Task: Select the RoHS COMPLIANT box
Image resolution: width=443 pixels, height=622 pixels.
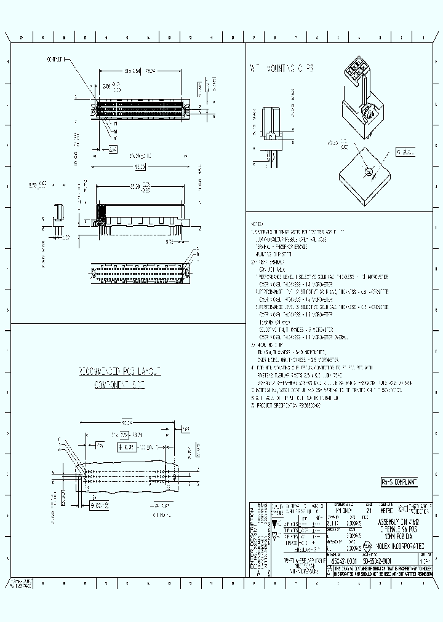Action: (x=399, y=482)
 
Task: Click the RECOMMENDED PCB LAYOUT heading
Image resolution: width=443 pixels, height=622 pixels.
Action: (x=120, y=372)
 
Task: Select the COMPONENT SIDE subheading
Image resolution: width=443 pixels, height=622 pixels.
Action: (x=119, y=385)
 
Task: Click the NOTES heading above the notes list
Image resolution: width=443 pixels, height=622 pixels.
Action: (x=257, y=224)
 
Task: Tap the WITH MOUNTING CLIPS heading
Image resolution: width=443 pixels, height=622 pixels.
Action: (x=281, y=69)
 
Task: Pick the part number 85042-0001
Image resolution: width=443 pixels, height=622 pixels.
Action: (x=346, y=561)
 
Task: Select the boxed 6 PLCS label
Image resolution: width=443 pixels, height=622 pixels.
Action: (x=404, y=151)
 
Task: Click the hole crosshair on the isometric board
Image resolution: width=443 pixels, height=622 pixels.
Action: (x=367, y=172)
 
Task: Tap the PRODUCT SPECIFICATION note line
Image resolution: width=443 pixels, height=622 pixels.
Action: (x=282, y=406)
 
